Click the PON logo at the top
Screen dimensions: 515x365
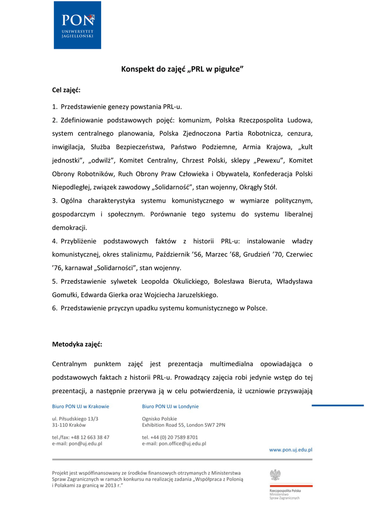(x=78, y=25)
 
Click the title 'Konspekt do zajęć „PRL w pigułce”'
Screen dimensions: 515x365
(x=182, y=69)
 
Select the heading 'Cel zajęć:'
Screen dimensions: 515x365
(x=66, y=90)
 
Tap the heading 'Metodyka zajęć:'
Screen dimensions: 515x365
(x=77, y=345)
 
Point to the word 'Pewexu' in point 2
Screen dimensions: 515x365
(x=265, y=160)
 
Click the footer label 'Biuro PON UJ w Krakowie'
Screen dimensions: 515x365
(x=81, y=406)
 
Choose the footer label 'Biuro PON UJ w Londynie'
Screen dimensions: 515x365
(x=170, y=406)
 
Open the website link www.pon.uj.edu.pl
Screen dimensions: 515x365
(x=291, y=450)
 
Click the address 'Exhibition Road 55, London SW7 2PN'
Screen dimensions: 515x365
(x=184, y=425)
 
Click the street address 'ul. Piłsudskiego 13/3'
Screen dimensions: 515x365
(x=76, y=418)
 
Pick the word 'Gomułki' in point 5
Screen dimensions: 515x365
(x=65, y=295)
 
